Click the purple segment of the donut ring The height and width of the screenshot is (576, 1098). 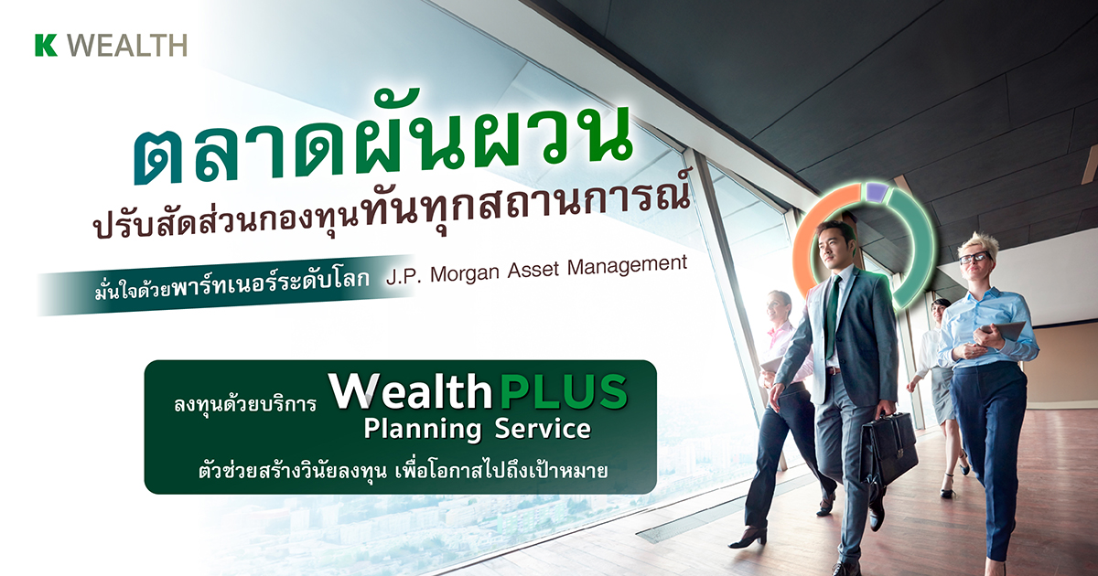click(877, 191)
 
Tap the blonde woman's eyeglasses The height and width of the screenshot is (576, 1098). click(974, 259)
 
